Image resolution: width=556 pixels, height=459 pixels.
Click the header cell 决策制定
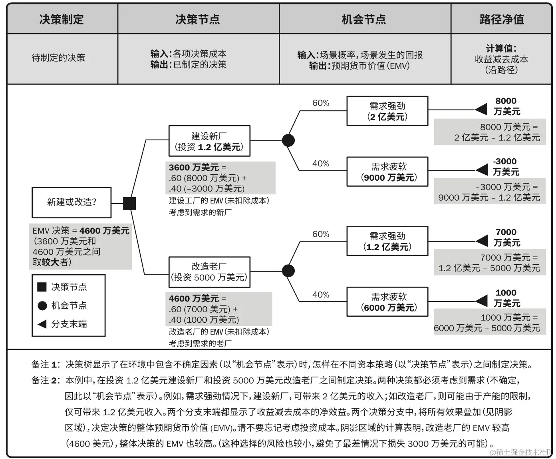(62, 19)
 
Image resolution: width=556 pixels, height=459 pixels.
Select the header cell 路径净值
(502, 19)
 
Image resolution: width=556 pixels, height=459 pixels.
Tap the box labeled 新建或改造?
(71, 202)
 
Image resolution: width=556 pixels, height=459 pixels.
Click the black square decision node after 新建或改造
(129, 203)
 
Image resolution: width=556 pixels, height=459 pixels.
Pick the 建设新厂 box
(209, 141)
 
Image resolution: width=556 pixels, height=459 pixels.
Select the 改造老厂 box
(209, 272)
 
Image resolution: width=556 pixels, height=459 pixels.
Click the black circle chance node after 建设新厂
(288, 140)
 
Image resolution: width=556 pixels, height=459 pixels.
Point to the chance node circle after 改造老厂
(288, 271)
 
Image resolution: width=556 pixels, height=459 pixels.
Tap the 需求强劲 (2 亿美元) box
(387, 111)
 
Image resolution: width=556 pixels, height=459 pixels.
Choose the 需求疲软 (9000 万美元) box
(387, 172)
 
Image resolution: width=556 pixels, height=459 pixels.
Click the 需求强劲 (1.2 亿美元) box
(387, 241)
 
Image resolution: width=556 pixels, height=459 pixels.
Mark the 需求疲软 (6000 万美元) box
(387, 302)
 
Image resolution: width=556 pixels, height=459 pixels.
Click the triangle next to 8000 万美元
(481, 109)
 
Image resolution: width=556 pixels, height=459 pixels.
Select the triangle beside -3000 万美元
(482, 170)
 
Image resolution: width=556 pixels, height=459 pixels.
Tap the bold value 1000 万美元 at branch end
(506, 298)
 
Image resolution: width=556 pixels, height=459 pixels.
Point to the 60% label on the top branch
(321, 103)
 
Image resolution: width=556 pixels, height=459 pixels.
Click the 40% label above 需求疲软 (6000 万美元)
(321, 295)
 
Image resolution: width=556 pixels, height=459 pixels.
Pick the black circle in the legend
(42, 305)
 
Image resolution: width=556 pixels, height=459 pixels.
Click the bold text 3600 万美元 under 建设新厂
(194, 167)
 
